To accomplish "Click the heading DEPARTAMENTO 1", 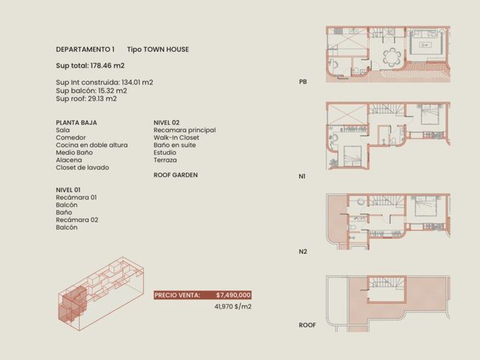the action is tap(85, 49).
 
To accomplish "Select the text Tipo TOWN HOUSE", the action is tap(158, 49).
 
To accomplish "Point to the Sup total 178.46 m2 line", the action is tap(90, 65).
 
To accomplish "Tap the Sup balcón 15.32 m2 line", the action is tap(91, 91).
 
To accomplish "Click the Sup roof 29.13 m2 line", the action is tap(86, 98).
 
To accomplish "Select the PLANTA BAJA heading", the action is tap(76, 122).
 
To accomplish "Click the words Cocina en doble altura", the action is tap(91, 145).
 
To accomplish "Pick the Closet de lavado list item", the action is tap(82, 167).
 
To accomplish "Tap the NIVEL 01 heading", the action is tap(68, 190).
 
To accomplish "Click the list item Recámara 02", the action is tap(76, 220).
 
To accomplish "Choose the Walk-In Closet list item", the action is tap(176, 137).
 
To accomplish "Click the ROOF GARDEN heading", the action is tap(175, 175).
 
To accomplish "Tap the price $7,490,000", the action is tap(233, 295).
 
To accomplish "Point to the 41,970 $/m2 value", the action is tap(233, 307).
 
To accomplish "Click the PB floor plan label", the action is tap(303, 82).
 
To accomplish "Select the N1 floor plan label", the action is tap(302, 176).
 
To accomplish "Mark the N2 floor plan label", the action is tap(303, 252).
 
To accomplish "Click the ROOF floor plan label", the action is tap(307, 325).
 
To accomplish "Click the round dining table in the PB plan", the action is tap(391, 57).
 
